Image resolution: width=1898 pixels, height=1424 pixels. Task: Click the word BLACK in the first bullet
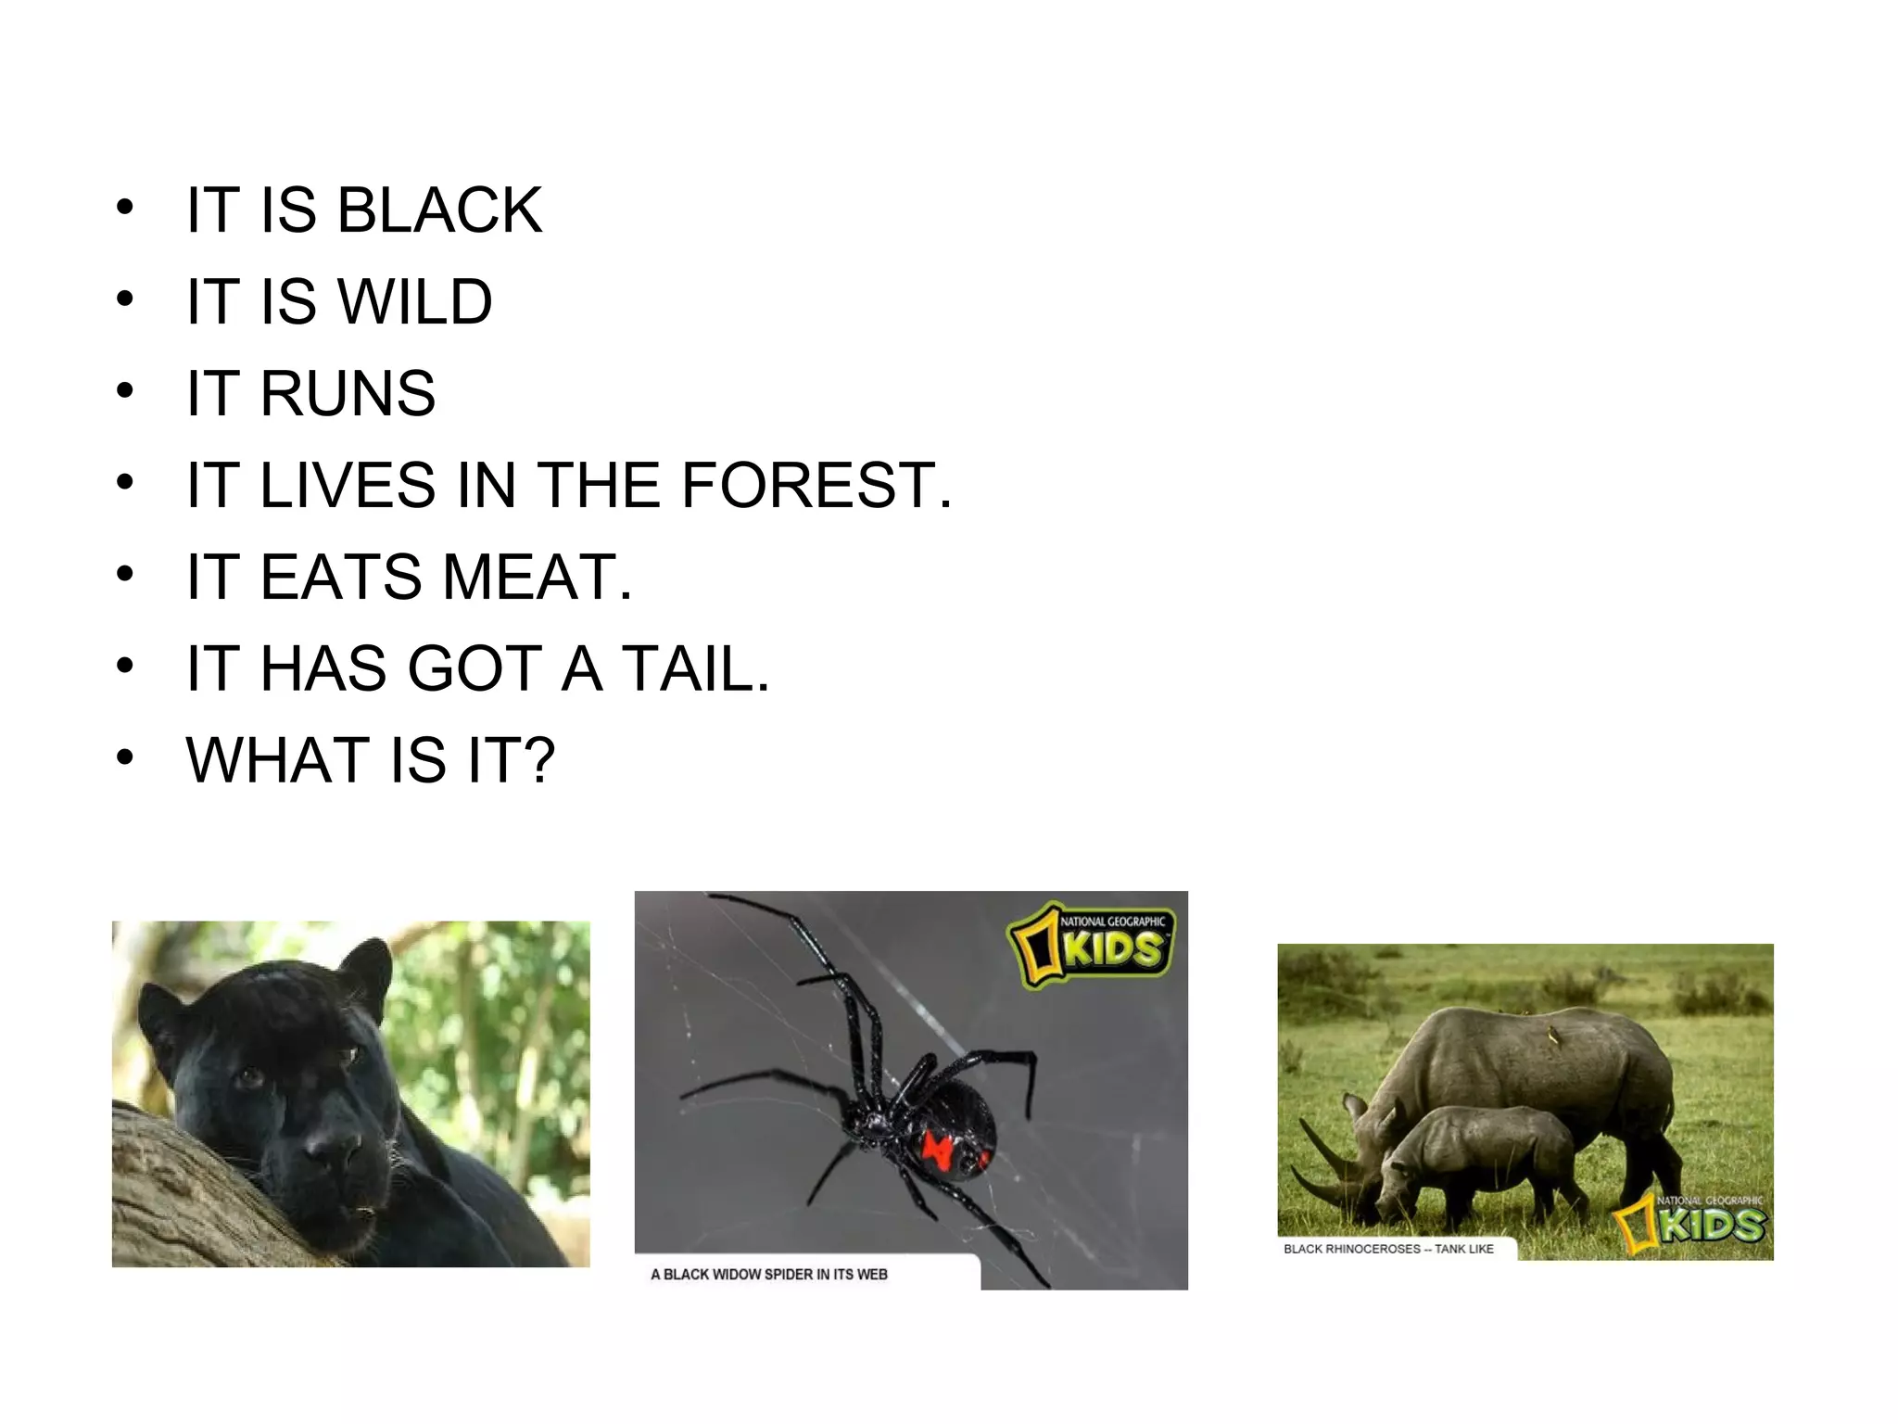point(439,210)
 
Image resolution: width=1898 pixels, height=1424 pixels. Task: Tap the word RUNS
point(348,394)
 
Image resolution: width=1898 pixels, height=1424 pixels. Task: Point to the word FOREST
point(808,485)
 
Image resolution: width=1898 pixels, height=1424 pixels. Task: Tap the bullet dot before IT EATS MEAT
point(125,575)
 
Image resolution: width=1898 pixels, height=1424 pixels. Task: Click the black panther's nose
point(328,1151)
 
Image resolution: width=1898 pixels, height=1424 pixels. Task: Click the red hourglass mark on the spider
point(939,1151)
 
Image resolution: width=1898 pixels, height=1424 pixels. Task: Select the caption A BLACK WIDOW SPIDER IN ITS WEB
point(769,1275)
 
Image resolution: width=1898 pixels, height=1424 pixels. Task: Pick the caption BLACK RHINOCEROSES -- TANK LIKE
point(1388,1249)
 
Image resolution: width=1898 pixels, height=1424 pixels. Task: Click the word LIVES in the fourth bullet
point(348,485)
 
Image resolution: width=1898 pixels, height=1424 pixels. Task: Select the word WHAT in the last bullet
point(277,760)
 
